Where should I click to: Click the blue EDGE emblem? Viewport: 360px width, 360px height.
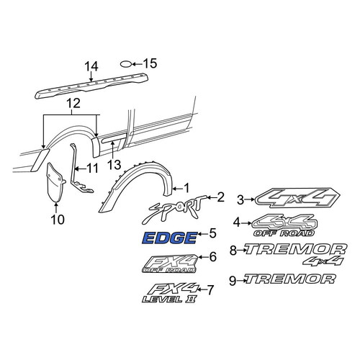(170, 238)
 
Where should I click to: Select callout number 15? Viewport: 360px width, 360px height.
(150, 63)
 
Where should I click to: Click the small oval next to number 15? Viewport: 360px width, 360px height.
(126, 64)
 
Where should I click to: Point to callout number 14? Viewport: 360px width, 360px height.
(91, 66)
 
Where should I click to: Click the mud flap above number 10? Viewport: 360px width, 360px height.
(55, 182)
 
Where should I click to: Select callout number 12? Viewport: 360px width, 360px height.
(73, 104)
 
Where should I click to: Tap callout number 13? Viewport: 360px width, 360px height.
(114, 165)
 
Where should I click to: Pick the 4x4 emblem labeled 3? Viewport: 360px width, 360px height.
(297, 197)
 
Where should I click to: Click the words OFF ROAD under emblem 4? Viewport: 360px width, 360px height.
(284, 233)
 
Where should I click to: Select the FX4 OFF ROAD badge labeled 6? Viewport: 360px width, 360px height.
(170, 264)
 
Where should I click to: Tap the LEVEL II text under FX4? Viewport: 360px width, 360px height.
(169, 300)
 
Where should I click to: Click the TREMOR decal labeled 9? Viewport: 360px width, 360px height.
(289, 279)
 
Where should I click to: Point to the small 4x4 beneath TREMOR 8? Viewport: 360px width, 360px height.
(323, 261)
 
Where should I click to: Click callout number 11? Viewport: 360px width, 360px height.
(92, 168)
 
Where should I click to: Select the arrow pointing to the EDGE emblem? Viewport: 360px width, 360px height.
(202, 234)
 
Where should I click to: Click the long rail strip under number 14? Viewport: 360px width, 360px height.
(91, 86)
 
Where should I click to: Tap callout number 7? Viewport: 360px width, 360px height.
(210, 290)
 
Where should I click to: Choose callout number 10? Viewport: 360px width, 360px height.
(58, 219)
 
